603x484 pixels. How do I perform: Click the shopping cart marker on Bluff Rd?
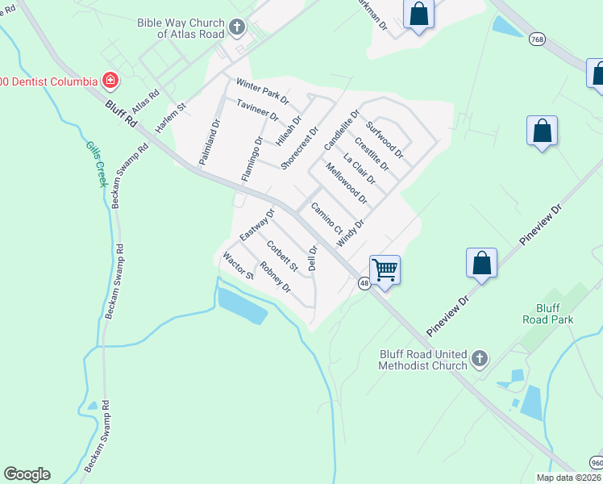pyautogui.click(x=385, y=270)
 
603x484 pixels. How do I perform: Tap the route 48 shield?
pyautogui.click(x=364, y=283)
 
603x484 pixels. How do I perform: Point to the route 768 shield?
pyautogui.click(x=537, y=38)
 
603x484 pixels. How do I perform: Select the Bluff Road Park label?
pyautogui.click(x=554, y=314)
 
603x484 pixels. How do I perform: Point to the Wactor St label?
pyautogui.click(x=239, y=265)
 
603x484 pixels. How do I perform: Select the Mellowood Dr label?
pyautogui.click(x=347, y=183)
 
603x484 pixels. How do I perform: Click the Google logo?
pyautogui.click(x=27, y=474)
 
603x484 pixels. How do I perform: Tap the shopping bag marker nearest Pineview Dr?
pyautogui.click(x=481, y=264)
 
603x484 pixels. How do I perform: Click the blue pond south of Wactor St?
pyautogui.click(x=242, y=303)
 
